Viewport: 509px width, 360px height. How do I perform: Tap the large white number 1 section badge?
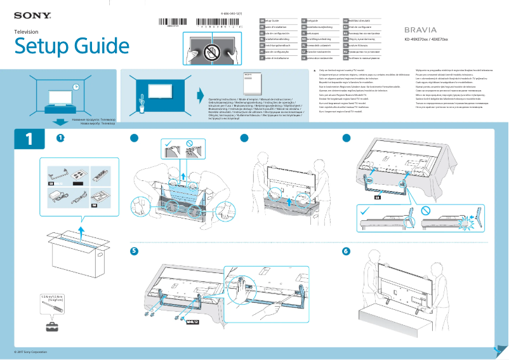29,140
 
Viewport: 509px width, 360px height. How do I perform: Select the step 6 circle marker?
346,251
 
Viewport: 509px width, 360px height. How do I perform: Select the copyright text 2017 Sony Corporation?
30,351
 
